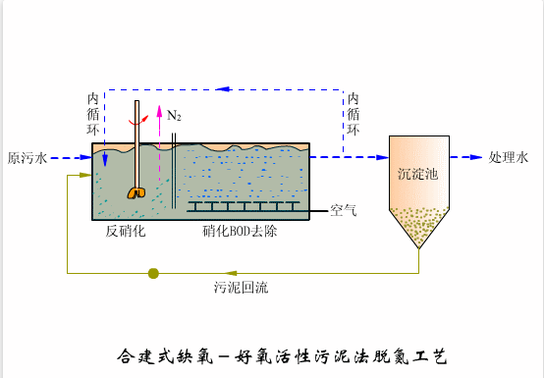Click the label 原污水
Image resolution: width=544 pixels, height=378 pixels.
27,158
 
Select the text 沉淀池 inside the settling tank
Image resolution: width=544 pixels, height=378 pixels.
417,174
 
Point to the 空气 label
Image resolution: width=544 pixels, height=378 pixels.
344,210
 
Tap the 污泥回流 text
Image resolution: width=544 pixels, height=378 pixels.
241,288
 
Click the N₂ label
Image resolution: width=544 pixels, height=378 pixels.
174,116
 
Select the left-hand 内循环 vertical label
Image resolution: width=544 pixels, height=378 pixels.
93,113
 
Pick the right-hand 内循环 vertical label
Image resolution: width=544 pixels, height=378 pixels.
353,113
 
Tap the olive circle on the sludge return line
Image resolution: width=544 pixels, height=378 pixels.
153,273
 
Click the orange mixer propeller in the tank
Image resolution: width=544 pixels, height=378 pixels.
136,193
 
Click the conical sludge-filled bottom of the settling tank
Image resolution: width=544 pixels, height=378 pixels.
418,229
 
